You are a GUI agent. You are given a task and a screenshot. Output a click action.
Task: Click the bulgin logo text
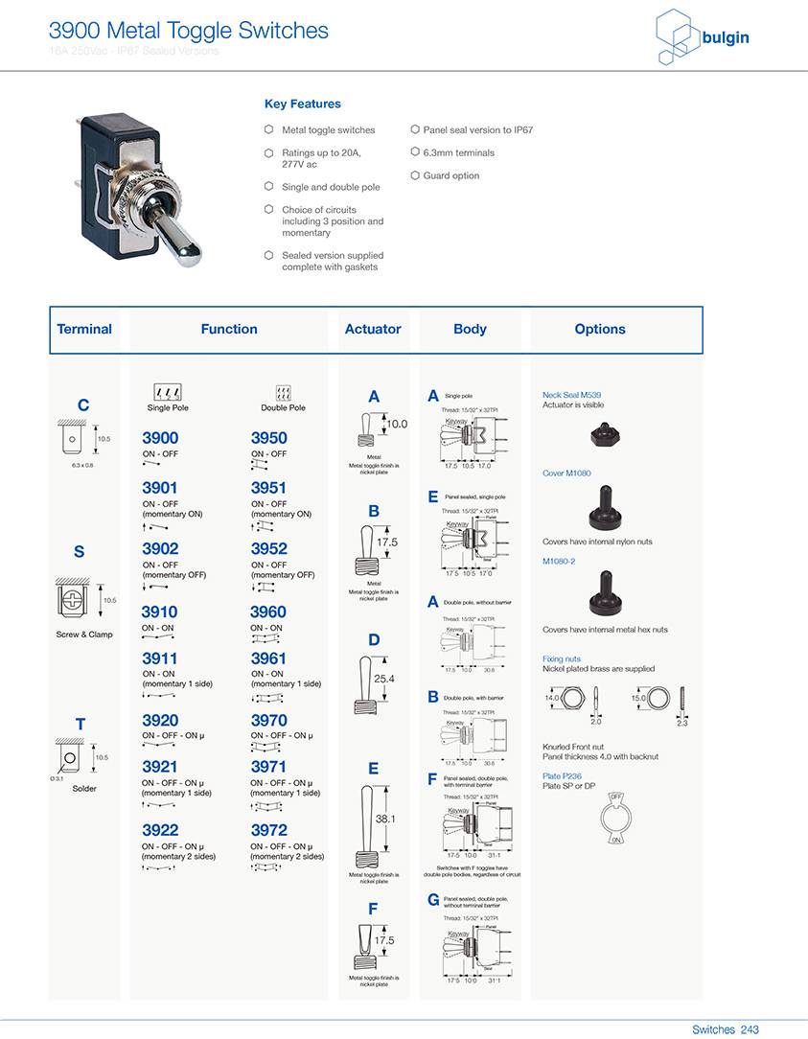point(725,38)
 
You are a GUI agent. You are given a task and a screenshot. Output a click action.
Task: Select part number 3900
point(160,438)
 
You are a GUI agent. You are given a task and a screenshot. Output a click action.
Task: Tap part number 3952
point(268,549)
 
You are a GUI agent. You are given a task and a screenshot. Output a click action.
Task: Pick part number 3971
point(268,767)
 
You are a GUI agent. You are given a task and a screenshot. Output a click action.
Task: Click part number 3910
point(159,612)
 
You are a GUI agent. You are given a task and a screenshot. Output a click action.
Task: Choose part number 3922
point(160,830)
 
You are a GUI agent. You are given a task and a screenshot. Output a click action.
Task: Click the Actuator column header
point(373,329)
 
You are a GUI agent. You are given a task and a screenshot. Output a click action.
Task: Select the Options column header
point(600,329)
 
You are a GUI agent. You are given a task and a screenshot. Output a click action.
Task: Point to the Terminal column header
point(84,329)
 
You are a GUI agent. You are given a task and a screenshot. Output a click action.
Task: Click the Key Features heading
point(302,104)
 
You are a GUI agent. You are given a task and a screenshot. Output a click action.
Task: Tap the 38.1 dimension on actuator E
point(385,820)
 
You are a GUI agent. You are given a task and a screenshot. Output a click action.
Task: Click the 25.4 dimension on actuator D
point(384,679)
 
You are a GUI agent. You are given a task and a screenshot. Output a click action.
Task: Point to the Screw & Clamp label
point(84,635)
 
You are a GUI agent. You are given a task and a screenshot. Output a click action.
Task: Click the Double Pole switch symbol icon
point(283,392)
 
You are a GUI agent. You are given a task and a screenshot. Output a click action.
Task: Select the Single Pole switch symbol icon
point(168,392)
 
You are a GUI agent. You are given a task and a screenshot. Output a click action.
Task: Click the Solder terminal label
point(84,789)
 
